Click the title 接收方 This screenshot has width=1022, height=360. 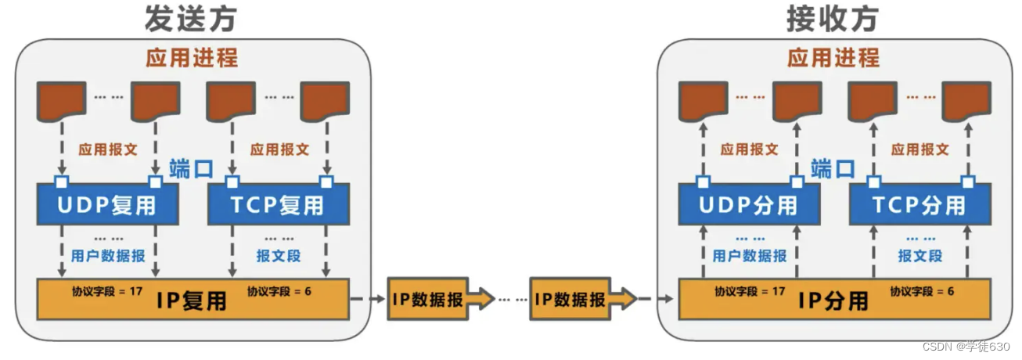[x=833, y=20]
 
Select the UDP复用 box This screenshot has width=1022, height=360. [x=107, y=205]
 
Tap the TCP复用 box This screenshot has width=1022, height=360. [x=278, y=205]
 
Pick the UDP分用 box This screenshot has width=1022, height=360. [x=750, y=205]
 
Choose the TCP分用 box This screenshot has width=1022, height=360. [x=919, y=205]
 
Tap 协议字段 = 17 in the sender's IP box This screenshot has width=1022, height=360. [x=107, y=291]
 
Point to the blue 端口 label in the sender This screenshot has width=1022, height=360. [x=191, y=168]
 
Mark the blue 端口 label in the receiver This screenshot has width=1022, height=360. [x=833, y=168]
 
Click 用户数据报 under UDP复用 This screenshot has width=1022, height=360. [x=108, y=256]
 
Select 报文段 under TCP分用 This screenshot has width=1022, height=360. [x=920, y=256]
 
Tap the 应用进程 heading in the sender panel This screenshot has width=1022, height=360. [x=192, y=58]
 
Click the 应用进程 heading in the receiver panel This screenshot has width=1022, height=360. [x=833, y=58]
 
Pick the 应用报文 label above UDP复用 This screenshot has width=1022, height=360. [x=108, y=149]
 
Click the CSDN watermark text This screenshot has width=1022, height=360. [x=966, y=346]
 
